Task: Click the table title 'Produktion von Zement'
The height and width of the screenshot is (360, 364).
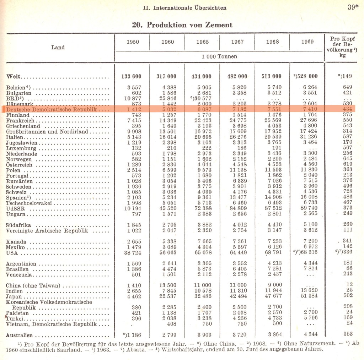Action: [182, 25]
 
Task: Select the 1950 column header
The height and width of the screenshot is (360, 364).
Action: [133, 42]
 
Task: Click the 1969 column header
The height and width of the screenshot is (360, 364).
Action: [307, 42]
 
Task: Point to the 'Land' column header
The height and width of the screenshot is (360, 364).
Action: [58, 47]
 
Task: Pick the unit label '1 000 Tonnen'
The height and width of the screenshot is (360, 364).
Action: [219, 56]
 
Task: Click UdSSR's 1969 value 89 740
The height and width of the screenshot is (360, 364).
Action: [307, 208]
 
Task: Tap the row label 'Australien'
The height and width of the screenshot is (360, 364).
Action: [20, 335]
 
